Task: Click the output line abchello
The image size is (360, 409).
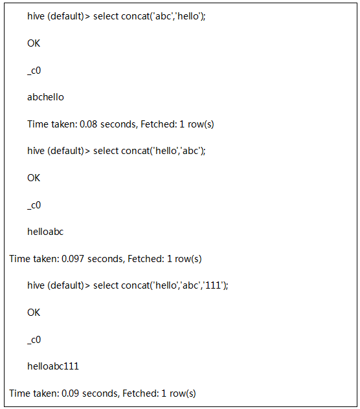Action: point(45,97)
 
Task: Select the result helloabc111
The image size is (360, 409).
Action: point(53,366)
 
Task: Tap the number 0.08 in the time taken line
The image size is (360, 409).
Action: point(88,124)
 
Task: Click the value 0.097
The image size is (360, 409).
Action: point(73,259)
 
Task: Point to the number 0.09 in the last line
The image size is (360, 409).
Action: point(70,393)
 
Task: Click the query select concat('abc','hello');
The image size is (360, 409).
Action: point(150,16)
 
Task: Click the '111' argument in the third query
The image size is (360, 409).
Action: point(213,285)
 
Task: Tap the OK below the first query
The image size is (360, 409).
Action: point(34,43)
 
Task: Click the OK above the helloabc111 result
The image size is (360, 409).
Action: point(34,313)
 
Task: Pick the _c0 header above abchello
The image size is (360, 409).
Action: point(34,71)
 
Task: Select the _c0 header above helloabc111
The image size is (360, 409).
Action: point(34,340)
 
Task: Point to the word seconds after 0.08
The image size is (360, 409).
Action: point(118,124)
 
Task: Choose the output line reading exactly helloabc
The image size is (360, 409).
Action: point(45,232)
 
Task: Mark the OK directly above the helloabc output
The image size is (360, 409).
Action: point(34,178)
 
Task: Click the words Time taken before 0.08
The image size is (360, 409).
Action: point(52,124)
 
